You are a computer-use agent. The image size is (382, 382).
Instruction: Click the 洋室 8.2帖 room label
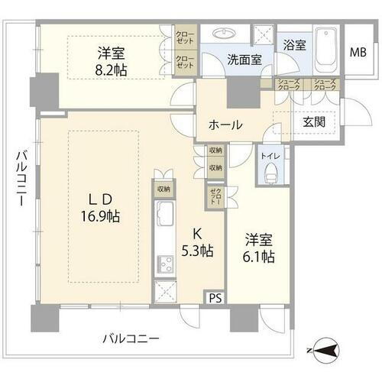pyautogui.click(x=112, y=62)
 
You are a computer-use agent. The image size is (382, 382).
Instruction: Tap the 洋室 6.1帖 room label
pyautogui.click(x=257, y=248)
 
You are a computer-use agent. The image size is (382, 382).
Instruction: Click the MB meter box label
pyautogui.click(x=357, y=53)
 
